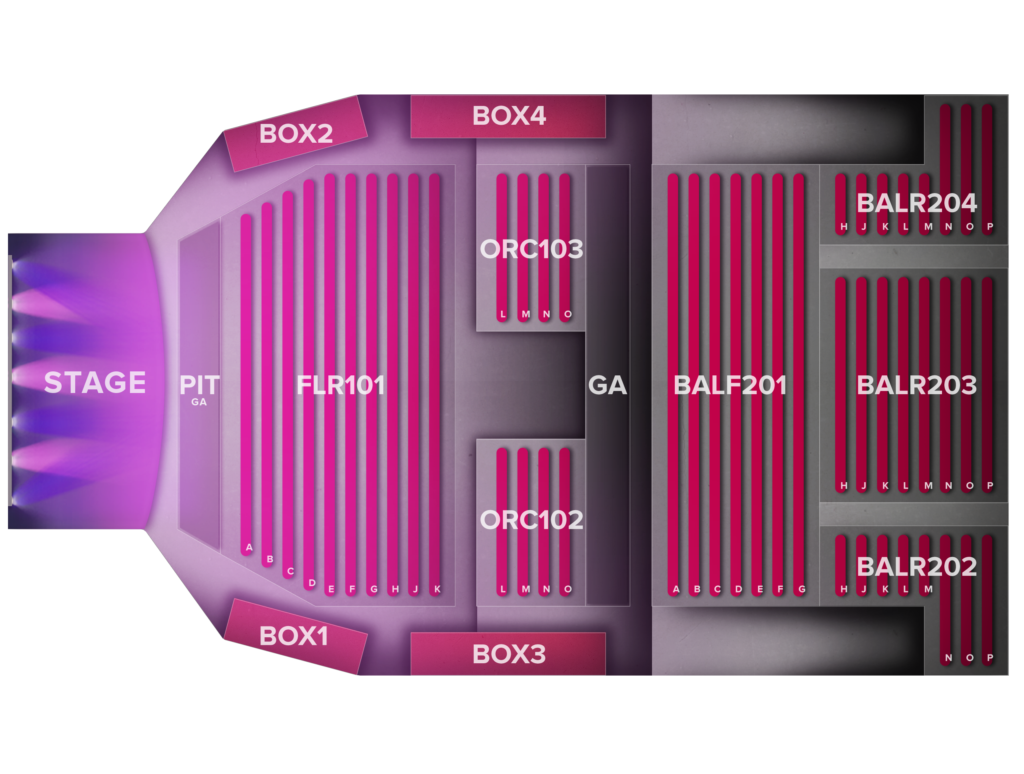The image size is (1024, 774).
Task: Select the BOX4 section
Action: click(x=508, y=116)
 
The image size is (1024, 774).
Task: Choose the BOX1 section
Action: click(x=294, y=636)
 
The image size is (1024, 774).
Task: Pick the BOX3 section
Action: click(x=508, y=654)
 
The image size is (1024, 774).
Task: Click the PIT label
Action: click(x=199, y=385)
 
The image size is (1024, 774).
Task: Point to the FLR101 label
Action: click(x=340, y=385)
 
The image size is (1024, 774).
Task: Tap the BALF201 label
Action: click(x=730, y=385)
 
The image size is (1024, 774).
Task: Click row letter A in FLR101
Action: click(x=249, y=547)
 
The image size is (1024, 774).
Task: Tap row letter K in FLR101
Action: click(x=437, y=589)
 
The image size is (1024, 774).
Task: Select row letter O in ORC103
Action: click(x=568, y=314)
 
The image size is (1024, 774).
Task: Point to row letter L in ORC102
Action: click(x=503, y=589)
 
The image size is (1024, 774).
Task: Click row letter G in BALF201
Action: click(x=802, y=589)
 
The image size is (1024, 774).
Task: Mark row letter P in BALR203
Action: click(x=990, y=486)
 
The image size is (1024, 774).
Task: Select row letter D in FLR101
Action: click(x=312, y=583)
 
